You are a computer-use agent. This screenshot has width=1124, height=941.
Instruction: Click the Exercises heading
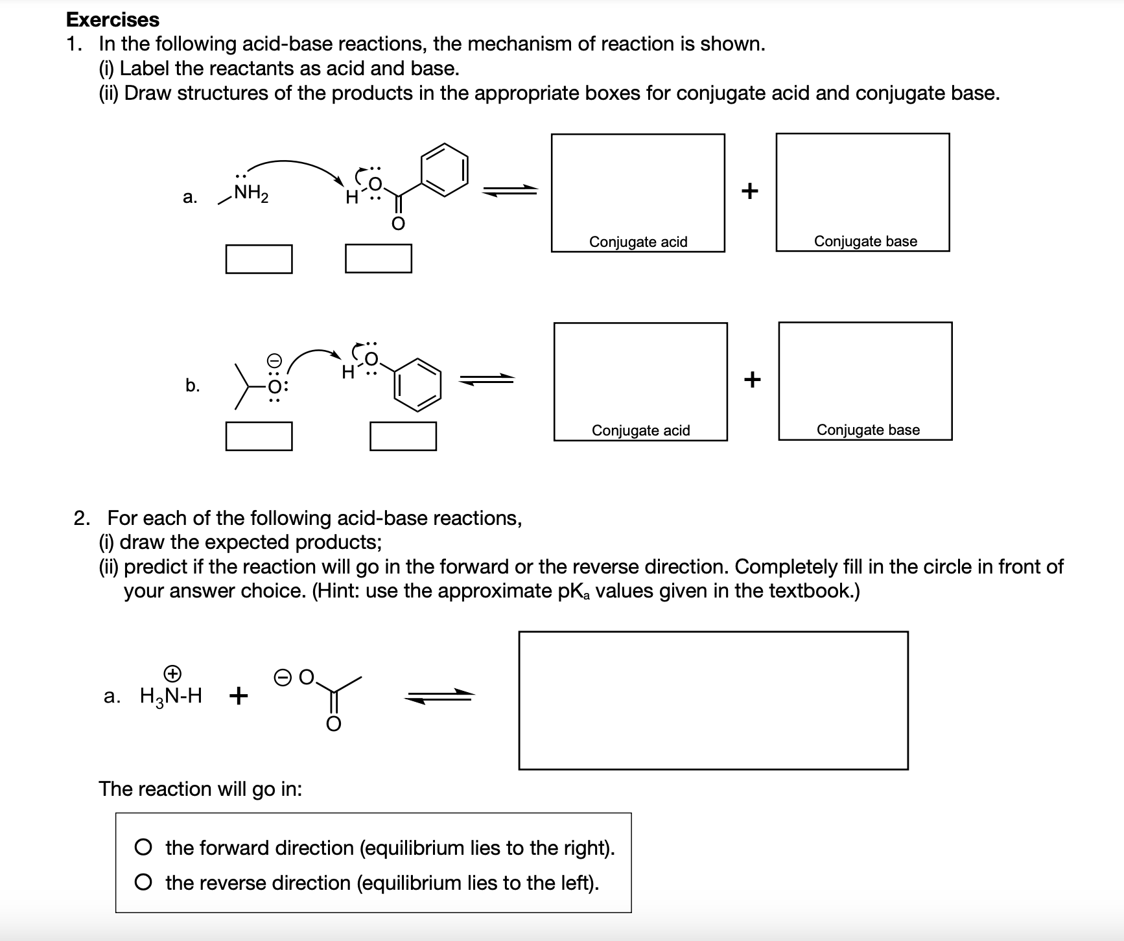coord(113,19)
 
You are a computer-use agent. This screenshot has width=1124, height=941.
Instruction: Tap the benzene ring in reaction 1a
coord(445,167)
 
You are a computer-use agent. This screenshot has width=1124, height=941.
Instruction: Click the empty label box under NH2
coord(259,259)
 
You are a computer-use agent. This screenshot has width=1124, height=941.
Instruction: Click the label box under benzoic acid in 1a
coord(379,259)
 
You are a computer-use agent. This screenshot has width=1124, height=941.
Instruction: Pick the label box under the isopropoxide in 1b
coord(259,436)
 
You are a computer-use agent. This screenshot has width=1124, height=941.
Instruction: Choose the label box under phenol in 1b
coord(403,436)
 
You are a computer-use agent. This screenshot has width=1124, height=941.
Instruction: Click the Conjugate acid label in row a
coord(638,242)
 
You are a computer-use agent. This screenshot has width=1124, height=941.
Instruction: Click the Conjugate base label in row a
coord(865,241)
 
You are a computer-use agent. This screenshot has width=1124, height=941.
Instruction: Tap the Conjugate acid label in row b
coord(640,430)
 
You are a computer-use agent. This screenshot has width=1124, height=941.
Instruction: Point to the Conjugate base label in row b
coord(868,430)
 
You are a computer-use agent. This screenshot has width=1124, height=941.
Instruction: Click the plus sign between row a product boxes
coord(750,191)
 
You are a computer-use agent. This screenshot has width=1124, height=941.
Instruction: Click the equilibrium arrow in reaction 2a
coord(439,696)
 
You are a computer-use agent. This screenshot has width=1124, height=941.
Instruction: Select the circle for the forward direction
coord(144,848)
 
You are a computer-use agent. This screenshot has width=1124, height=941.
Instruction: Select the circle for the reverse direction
coord(144,883)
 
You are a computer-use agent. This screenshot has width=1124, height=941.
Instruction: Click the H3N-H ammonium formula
coord(171,695)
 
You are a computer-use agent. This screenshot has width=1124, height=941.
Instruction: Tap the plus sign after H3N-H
coord(238,696)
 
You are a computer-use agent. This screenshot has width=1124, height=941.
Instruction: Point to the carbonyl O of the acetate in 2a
coord(333,724)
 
